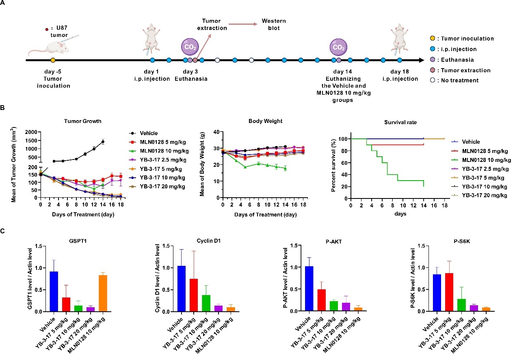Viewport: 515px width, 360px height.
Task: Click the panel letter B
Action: (x=4, y=108)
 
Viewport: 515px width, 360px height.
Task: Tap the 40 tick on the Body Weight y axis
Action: (x=216, y=132)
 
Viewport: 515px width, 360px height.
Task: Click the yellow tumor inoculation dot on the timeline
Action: (x=53, y=60)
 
